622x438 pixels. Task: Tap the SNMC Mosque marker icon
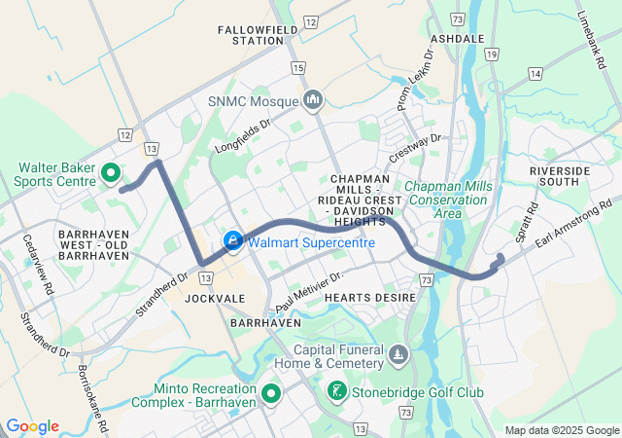313,99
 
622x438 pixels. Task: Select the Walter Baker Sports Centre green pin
111,174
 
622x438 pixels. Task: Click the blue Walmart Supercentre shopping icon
233,240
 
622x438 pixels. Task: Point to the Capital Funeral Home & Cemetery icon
397,357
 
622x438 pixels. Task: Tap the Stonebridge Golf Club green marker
336,392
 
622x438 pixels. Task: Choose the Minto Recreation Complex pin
270,393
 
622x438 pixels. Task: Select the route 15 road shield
297,67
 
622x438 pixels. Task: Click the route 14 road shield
535,73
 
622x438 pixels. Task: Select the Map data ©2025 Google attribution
561,430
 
